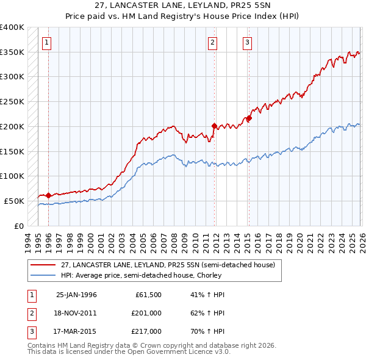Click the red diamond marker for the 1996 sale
[48, 195]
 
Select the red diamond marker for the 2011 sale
[214, 126]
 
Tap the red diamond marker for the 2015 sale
[249, 118]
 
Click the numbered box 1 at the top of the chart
[48, 42]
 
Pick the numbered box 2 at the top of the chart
[212, 42]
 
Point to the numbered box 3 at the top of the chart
[247, 42]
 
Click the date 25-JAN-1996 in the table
[76, 295]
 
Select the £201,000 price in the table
[146, 313]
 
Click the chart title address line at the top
[183, 7]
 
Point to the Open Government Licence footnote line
[129, 352]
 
